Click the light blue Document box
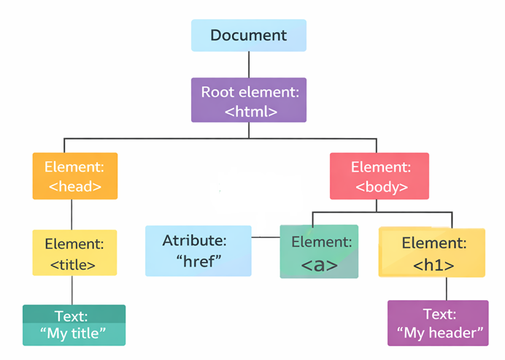pos(249,35)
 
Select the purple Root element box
pos(249,100)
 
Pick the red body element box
pos(380,175)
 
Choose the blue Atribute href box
pos(198,250)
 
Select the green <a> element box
pos(319,251)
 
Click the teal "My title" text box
pos(74,325)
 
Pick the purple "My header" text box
pos(438,323)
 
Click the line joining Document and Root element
pos(249,64)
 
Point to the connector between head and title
pos(72,214)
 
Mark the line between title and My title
pos(72,290)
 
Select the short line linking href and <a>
pos(266,237)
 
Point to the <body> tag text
pos(381,186)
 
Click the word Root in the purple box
pos(217,92)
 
